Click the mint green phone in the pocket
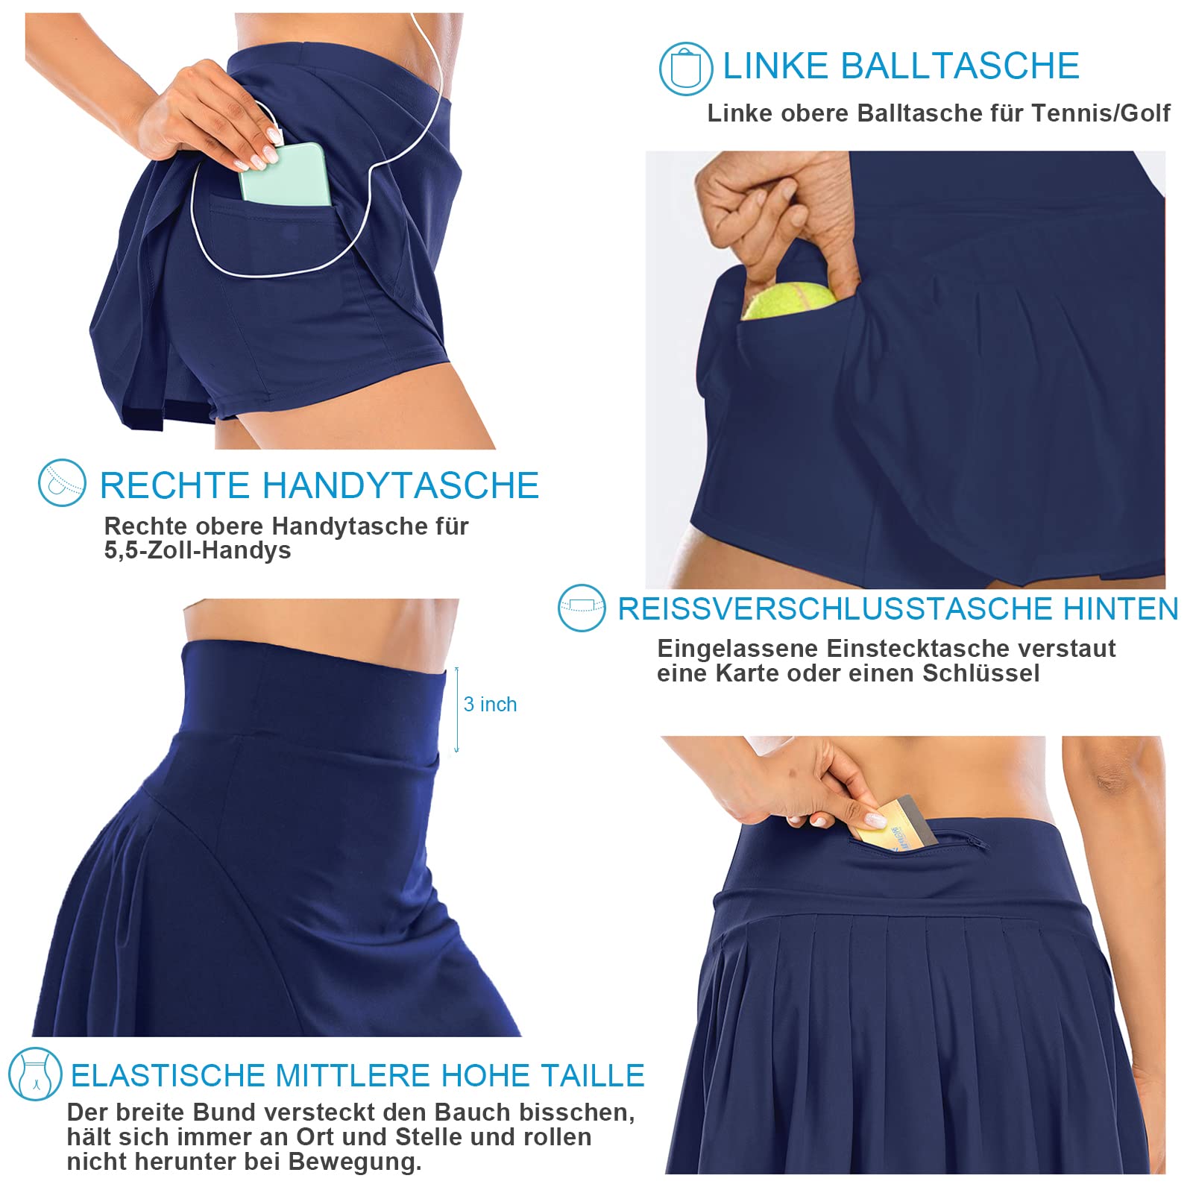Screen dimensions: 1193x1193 (x=285, y=175)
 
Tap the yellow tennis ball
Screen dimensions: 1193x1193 (x=789, y=300)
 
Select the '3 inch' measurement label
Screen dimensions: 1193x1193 (x=490, y=705)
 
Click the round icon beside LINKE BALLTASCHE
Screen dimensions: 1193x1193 (x=686, y=69)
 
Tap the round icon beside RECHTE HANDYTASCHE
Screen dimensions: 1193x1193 (x=62, y=483)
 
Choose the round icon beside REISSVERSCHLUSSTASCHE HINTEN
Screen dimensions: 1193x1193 (x=582, y=608)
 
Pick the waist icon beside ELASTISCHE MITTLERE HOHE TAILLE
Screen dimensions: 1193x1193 (x=35, y=1074)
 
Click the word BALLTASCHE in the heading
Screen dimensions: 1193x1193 (x=961, y=66)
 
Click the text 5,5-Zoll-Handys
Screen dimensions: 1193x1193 (x=198, y=550)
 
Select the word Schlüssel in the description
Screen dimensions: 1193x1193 (x=980, y=673)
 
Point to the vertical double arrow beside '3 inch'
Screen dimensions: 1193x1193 (x=457, y=710)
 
